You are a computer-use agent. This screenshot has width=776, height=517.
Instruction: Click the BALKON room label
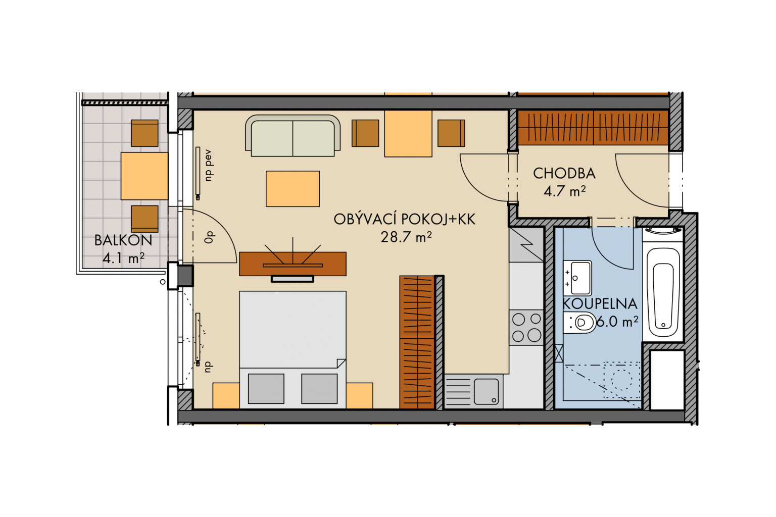click(123, 240)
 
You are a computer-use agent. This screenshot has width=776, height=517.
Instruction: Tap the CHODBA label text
click(564, 174)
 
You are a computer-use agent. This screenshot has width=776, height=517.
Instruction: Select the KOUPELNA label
click(600, 304)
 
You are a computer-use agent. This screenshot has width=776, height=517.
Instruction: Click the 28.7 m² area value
click(406, 237)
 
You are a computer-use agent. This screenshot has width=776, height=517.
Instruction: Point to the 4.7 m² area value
click(564, 191)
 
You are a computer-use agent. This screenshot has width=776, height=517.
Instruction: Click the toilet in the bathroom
click(580, 323)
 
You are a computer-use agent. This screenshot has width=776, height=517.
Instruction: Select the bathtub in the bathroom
click(663, 292)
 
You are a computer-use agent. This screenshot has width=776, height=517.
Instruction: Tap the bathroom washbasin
click(577, 278)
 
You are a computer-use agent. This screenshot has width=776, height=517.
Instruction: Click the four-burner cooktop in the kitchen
click(526, 327)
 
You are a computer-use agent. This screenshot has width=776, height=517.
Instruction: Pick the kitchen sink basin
click(487, 392)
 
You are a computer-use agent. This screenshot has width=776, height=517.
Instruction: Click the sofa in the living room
click(293, 135)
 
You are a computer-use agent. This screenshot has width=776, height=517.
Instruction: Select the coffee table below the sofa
click(293, 189)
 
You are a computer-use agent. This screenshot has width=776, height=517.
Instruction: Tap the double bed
click(293, 350)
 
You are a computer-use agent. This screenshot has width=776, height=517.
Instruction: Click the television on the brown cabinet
click(293, 279)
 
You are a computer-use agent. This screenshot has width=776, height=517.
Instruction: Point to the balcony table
click(144, 176)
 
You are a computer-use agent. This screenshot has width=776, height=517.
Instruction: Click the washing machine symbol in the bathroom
click(622, 380)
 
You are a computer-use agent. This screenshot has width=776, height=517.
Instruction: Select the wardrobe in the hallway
click(593, 128)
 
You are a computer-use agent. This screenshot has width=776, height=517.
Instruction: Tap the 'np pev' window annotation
click(208, 165)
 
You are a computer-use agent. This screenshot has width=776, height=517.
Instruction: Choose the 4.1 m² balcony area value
click(124, 258)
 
